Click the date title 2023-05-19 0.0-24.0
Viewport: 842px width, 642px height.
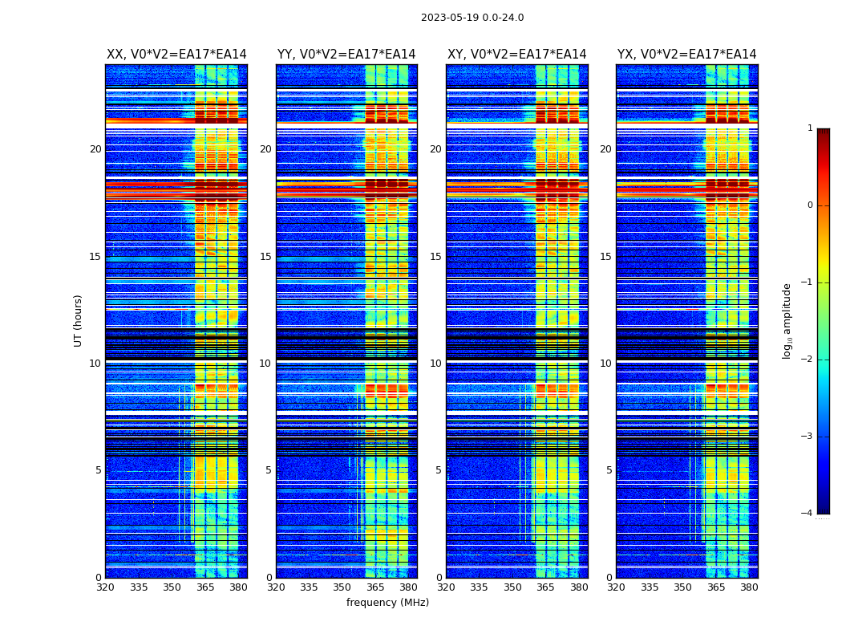pyautogui.click(x=472, y=18)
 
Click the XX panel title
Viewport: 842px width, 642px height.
pyautogui.click(x=176, y=55)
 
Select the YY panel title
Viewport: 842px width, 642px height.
pyautogui.click(x=346, y=55)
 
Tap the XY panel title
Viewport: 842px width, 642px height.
pyautogui.click(x=516, y=55)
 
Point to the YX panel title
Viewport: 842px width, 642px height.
pyautogui.click(x=686, y=55)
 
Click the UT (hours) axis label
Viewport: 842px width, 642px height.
pyautogui.click(x=79, y=320)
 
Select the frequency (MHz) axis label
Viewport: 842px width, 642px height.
pyautogui.click(x=387, y=603)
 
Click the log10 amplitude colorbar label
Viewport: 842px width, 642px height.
pyautogui.click(x=787, y=320)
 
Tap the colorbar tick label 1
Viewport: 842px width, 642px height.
pyautogui.click(x=810, y=128)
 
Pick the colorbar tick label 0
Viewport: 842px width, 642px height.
pyautogui.click(x=810, y=205)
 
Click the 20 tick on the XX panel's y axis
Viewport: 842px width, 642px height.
pyautogui.click(x=95, y=149)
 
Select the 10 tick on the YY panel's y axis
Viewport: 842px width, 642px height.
pyautogui.click(x=265, y=364)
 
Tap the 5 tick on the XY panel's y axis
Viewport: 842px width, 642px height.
pyautogui.click(x=439, y=470)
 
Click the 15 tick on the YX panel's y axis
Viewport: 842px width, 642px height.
pyautogui.click(x=605, y=257)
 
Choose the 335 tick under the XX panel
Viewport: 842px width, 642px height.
pyautogui.click(x=139, y=587)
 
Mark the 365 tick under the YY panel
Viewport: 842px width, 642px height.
pyautogui.click(x=375, y=587)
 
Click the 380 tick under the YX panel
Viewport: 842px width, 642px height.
pyautogui.click(x=749, y=587)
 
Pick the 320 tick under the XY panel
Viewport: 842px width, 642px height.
pyautogui.click(x=447, y=587)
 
